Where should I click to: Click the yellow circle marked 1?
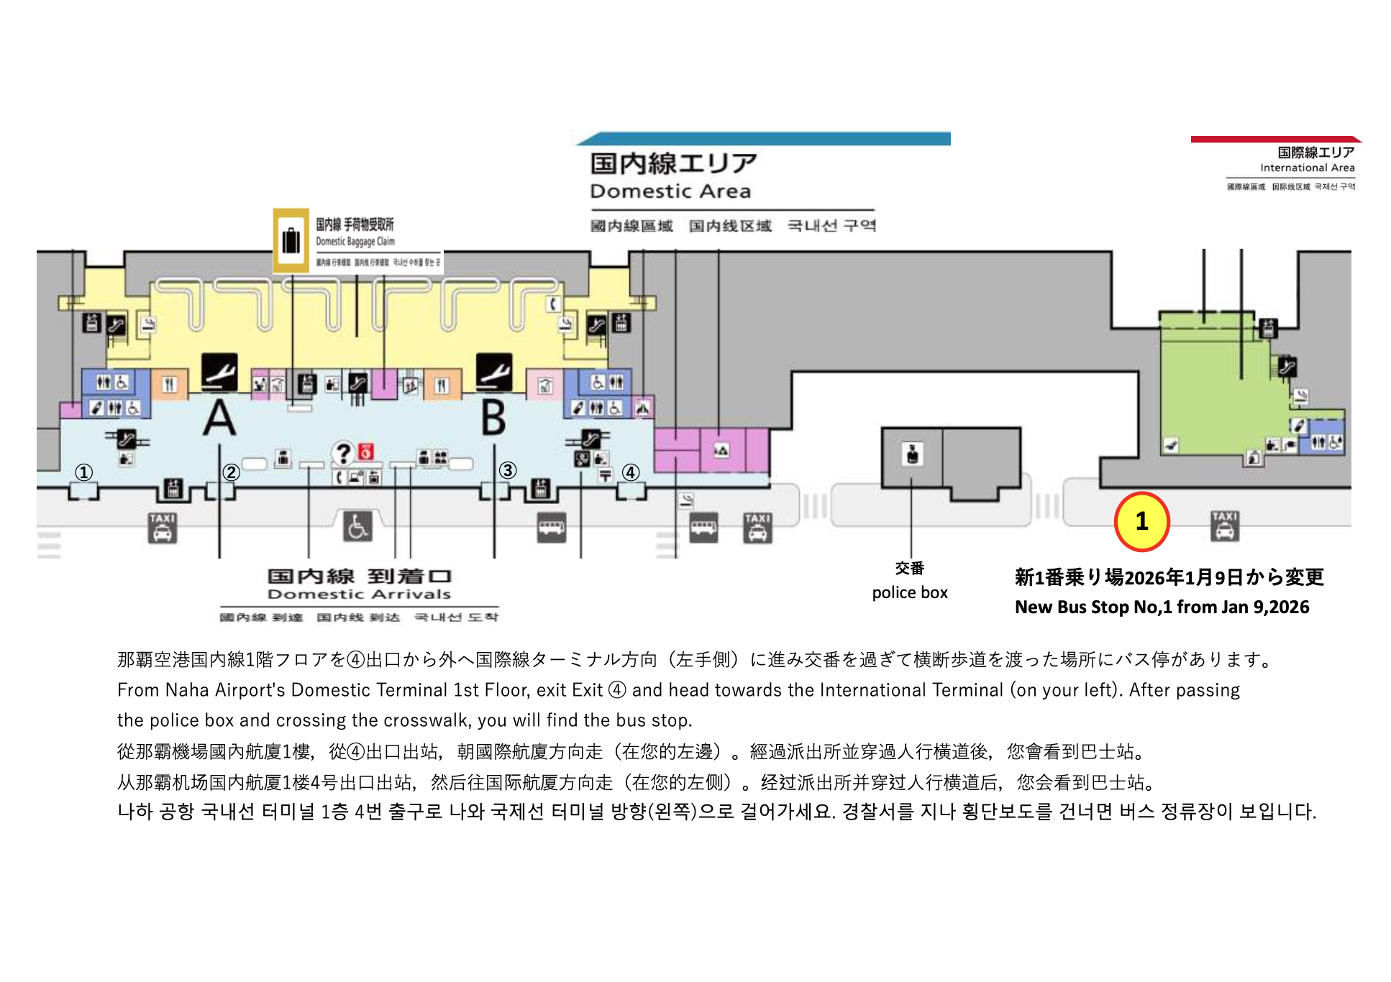pyautogui.click(x=1141, y=521)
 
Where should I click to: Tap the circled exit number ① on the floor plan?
pyautogui.click(x=84, y=472)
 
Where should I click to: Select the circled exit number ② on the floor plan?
pyautogui.click(x=231, y=472)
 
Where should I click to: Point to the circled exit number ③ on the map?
pyautogui.click(x=508, y=470)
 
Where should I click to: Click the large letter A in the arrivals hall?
pyautogui.click(x=219, y=418)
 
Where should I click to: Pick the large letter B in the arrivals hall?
pyautogui.click(x=493, y=418)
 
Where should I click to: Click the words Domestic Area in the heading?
pyautogui.click(x=670, y=191)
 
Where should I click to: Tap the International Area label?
pyautogui.click(x=1307, y=168)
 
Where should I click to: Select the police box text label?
pyautogui.click(x=910, y=592)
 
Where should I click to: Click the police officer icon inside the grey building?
pyautogui.click(x=913, y=454)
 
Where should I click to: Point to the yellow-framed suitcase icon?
pyautogui.click(x=291, y=240)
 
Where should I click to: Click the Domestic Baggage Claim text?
pyautogui.click(x=355, y=242)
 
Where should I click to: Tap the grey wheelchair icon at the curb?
pyautogui.click(x=357, y=527)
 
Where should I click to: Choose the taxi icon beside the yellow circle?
pyautogui.click(x=1224, y=526)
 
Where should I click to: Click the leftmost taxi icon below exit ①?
pyautogui.click(x=163, y=528)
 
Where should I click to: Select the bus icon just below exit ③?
pyautogui.click(x=552, y=528)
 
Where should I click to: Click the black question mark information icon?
pyautogui.click(x=343, y=453)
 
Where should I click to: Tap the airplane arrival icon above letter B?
pyautogui.click(x=494, y=372)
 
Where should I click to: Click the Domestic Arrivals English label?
pyautogui.click(x=359, y=595)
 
